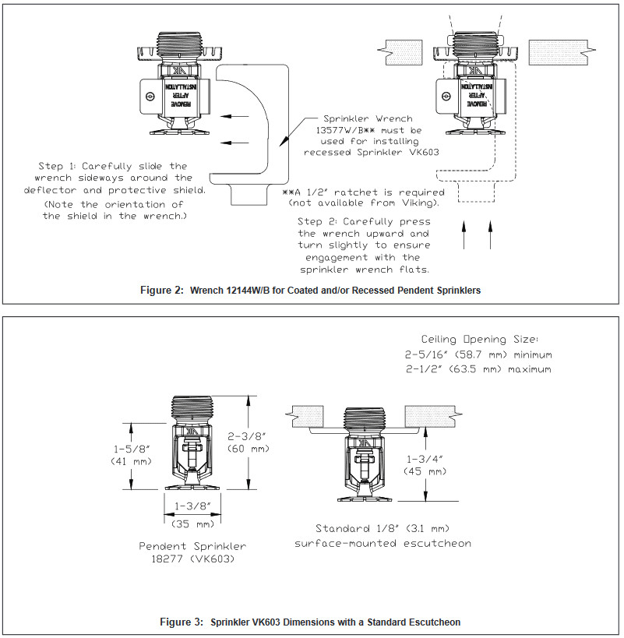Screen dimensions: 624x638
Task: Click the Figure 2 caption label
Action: coord(162,291)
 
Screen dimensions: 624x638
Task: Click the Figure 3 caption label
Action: coord(182,622)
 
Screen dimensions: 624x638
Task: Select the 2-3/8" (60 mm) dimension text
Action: coord(249,442)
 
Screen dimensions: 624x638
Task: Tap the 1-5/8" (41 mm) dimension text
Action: coord(131,455)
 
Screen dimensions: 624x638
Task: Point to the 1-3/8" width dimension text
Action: coord(192,506)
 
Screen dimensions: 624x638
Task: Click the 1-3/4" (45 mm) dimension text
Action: coord(425,465)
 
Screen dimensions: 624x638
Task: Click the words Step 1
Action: coord(57,166)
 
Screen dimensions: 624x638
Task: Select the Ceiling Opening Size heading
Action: coord(480,340)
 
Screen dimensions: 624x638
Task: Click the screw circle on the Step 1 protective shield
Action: coord(150,97)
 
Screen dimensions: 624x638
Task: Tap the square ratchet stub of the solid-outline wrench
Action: coord(249,195)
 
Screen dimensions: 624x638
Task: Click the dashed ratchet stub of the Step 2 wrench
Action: coord(476,192)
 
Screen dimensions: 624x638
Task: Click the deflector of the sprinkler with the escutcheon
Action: coord(364,498)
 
